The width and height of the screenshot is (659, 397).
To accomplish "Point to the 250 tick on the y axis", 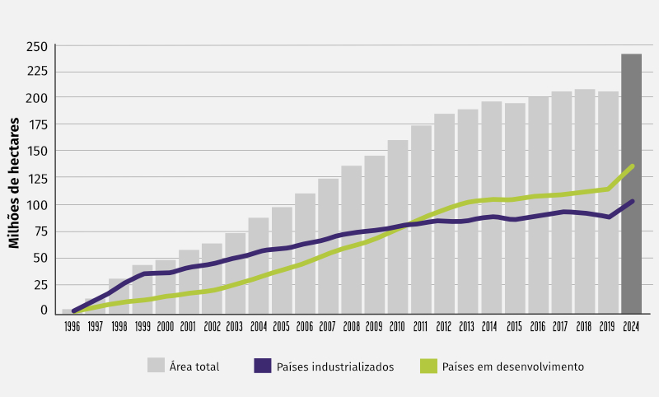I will click(x=37, y=46).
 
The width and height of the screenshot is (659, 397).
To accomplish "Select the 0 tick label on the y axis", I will click(x=43, y=310).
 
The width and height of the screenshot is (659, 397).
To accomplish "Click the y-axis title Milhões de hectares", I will click(x=14, y=180).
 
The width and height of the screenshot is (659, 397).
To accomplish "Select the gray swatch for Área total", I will click(x=157, y=366).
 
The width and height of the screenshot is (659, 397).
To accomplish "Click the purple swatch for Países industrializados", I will click(x=264, y=366).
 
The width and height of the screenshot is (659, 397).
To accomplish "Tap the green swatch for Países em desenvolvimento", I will click(x=428, y=366).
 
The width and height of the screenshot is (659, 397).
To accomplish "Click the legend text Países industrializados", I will click(x=335, y=367).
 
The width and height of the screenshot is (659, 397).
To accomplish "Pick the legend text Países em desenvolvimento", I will click(x=513, y=367).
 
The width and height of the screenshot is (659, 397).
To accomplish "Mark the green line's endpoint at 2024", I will click(x=632, y=166).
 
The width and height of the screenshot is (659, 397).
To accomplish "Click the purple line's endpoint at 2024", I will click(x=632, y=201).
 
